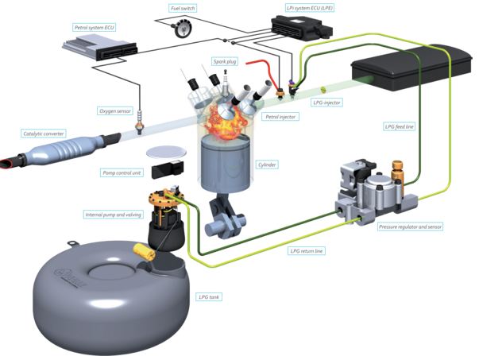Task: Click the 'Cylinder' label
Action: coord(268,166)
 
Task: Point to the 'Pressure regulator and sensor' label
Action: coord(410,226)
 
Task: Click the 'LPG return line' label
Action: coord(307,250)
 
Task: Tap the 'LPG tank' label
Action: coord(209,297)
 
